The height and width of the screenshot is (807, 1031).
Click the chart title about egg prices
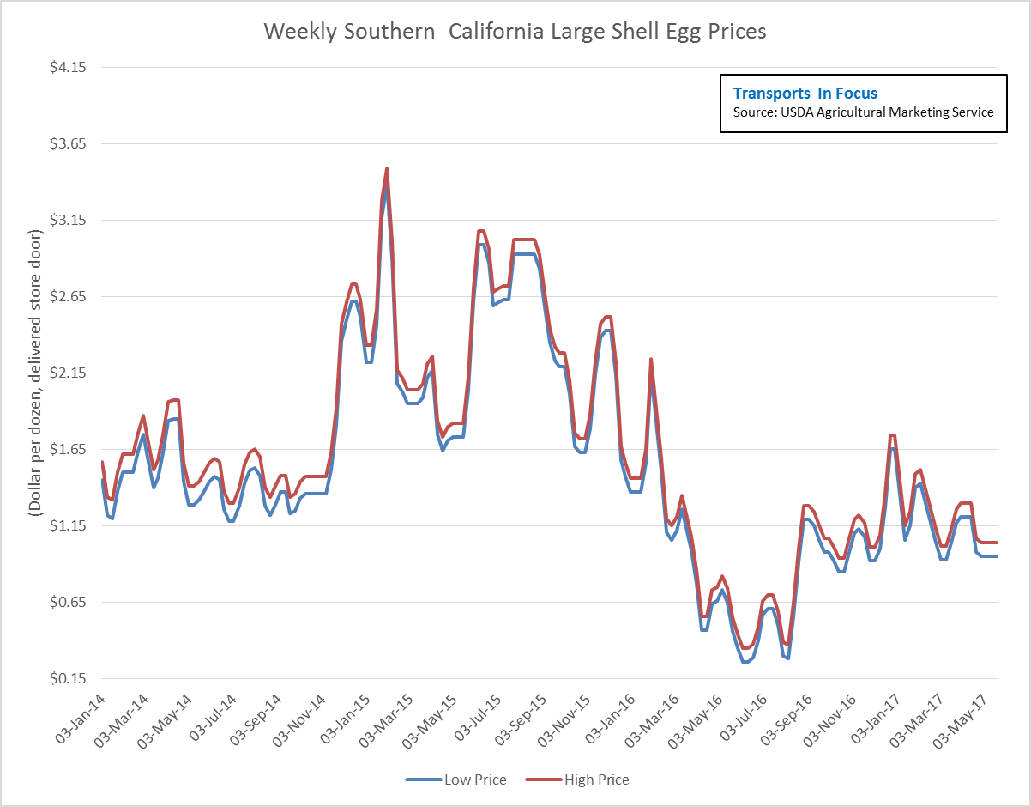pyautogui.click(x=515, y=32)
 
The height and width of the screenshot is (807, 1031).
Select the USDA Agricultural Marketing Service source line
pyautogui.click(x=863, y=112)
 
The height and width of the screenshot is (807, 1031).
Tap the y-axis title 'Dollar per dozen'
pyautogui.click(x=35, y=373)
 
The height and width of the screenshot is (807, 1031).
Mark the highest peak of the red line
pyautogui.click(x=387, y=168)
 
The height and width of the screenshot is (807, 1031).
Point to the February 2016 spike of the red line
pyautogui.click(x=651, y=359)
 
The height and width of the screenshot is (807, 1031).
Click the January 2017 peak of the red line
pyautogui.click(x=893, y=435)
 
